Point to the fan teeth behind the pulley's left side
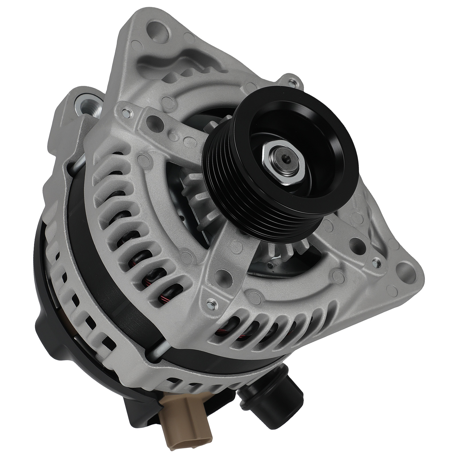click(198, 189)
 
